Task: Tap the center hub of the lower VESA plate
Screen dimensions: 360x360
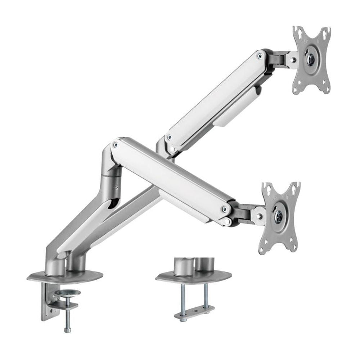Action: (278, 216)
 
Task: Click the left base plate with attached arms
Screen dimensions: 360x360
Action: (65, 275)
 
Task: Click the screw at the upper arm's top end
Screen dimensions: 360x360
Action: (260, 55)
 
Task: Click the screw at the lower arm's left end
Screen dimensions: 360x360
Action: (115, 145)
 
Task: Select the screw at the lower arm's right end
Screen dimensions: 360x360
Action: (225, 208)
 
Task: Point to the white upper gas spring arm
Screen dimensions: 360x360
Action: (216, 97)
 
